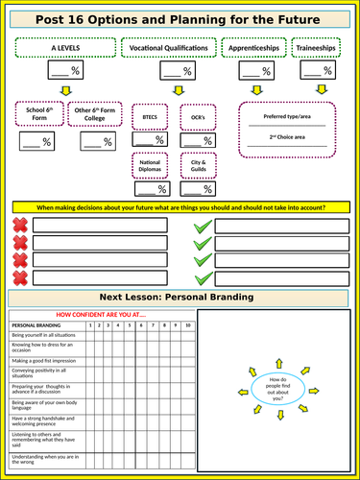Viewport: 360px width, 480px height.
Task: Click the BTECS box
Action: click(x=150, y=116)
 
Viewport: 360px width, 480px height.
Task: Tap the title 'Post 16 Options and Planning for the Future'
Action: click(x=180, y=18)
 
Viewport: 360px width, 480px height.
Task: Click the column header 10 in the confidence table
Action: click(x=187, y=326)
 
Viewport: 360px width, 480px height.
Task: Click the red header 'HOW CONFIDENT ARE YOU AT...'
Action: click(x=100, y=315)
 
